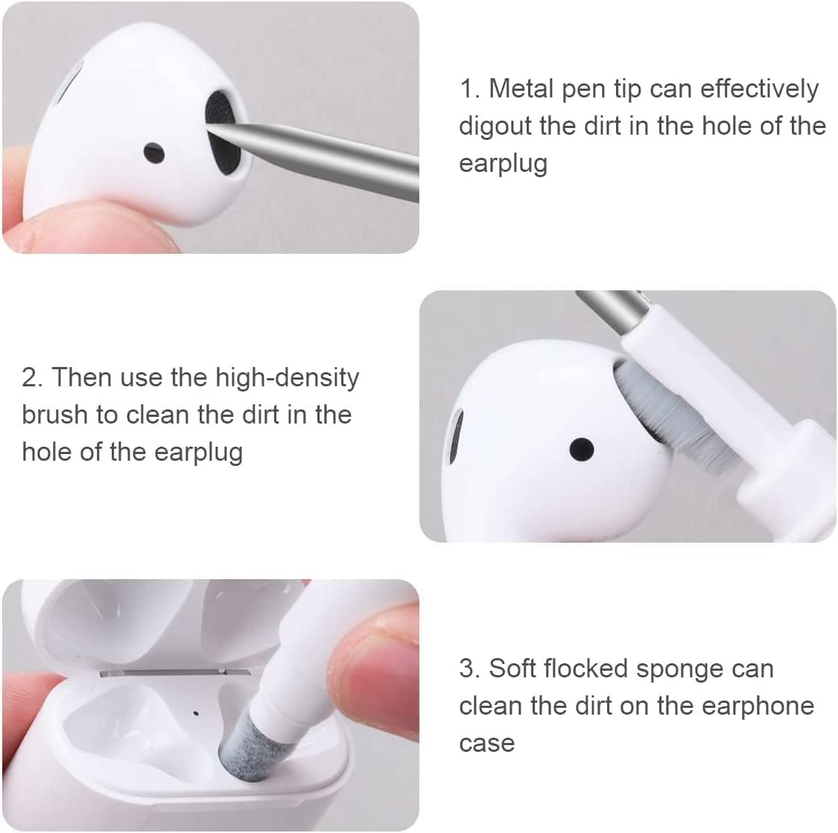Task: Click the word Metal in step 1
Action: click(x=521, y=89)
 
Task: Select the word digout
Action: click(x=495, y=126)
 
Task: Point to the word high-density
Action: click(x=287, y=377)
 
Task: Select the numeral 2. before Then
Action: click(x=32, y=377)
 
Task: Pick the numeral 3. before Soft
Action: click(x=469, y=668)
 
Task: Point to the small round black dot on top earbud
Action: click(x=154, y=152)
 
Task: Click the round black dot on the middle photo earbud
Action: click(x=581, y=448)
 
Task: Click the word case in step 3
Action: click(x=486, y=743)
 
